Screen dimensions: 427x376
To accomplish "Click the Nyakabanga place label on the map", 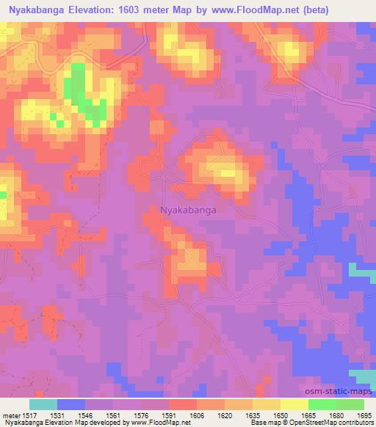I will pos(188,210).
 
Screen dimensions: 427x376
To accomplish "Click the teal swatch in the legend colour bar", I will pos(43,404).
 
